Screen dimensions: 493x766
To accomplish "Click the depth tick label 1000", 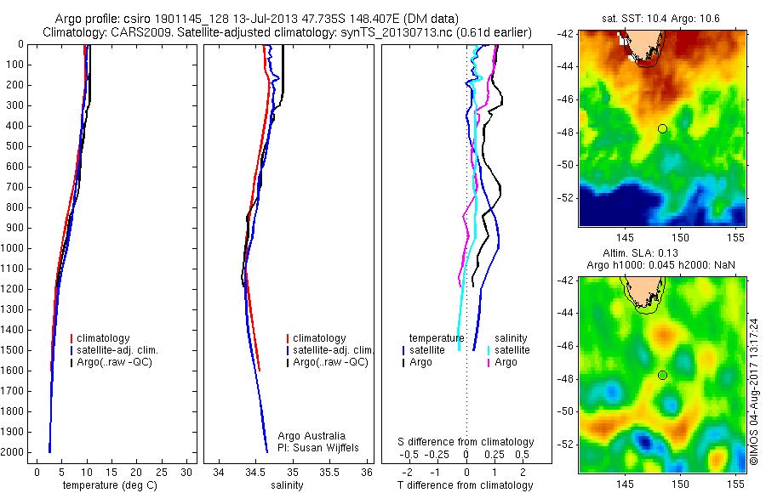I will pos(14,248).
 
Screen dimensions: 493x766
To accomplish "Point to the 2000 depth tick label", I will pos(14,452).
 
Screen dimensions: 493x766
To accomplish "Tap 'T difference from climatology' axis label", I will pos(466,485).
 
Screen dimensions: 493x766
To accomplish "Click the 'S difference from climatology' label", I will pos(466,442).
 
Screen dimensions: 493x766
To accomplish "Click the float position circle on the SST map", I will pos(662,128).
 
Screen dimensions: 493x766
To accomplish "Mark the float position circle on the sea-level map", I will pos(662,375).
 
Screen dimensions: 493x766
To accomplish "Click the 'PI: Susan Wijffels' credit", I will pos(320,448).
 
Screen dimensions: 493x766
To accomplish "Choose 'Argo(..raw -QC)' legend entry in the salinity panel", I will pos(330,362).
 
